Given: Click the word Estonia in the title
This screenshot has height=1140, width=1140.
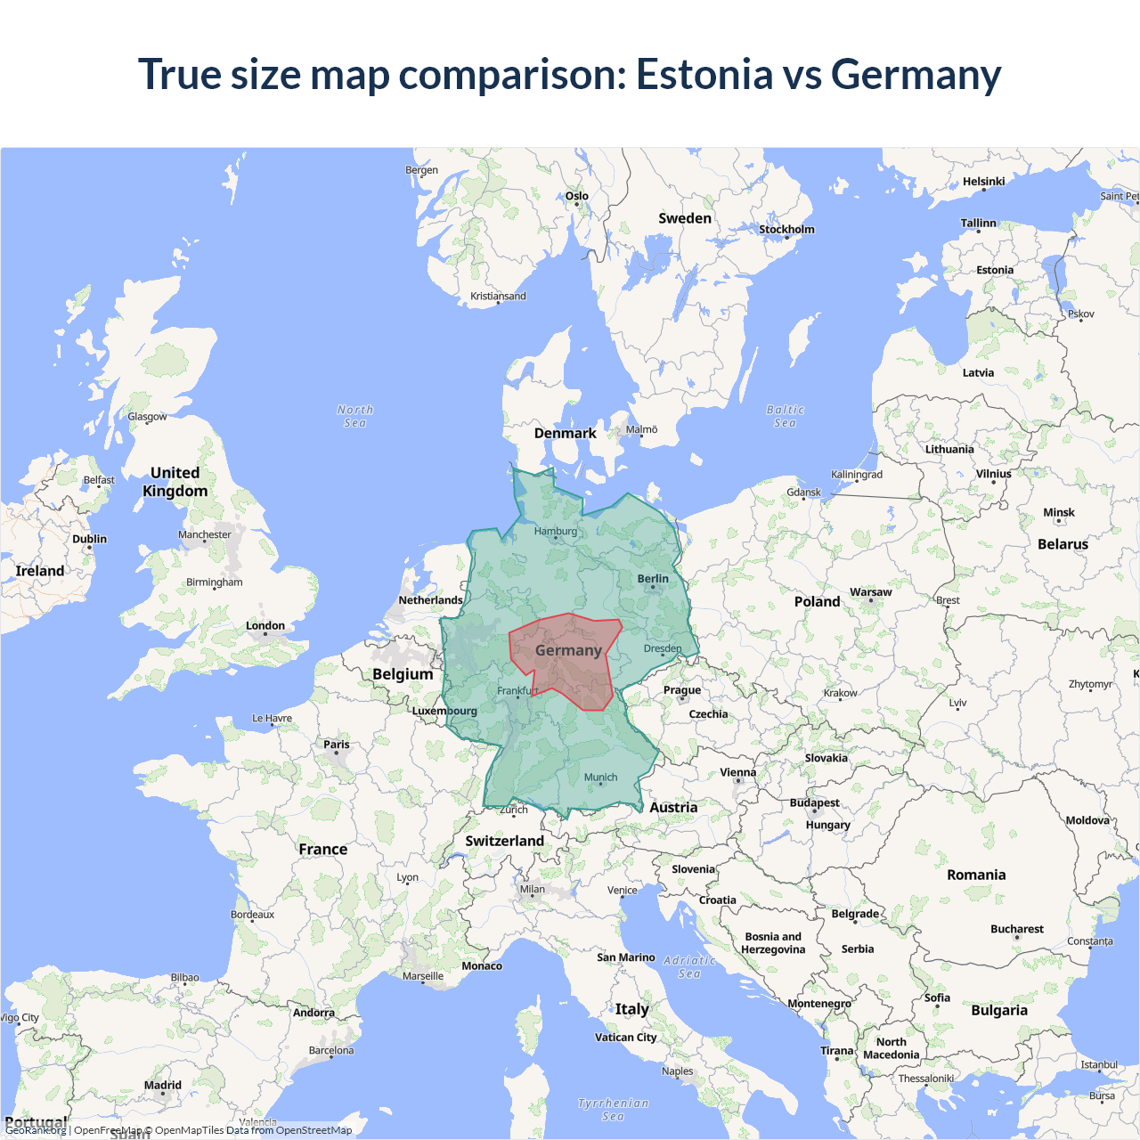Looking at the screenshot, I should [704, 74].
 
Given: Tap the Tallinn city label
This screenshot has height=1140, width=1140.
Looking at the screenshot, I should [978, 224].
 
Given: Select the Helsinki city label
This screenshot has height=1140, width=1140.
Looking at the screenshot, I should [983, 182].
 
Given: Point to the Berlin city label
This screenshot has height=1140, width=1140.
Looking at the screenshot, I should [653, 579].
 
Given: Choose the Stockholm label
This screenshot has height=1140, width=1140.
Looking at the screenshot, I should [786, 230].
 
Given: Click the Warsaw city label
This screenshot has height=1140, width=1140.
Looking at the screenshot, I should [870, 592].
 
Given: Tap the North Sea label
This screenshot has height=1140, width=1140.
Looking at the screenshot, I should [355, 416].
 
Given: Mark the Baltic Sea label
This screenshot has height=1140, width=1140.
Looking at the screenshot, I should [785, 416].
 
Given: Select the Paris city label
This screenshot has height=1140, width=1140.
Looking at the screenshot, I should [337, 745].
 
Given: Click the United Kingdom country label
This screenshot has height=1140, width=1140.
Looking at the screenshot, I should [175, 482].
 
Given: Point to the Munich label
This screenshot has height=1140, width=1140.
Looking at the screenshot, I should [600, 778].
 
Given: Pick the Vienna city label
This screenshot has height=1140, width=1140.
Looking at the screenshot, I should [737, 772].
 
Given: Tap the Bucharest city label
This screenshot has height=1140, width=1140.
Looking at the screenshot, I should [1016, 929].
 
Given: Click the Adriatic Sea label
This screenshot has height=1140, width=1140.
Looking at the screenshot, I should [689, 966].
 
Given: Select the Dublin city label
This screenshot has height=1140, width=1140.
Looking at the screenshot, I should [89, 539].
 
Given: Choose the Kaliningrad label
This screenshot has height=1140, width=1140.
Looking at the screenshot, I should [857, 475].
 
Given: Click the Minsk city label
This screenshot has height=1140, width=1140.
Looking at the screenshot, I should [1059, 513].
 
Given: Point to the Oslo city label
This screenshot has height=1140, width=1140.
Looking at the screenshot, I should [576, 196].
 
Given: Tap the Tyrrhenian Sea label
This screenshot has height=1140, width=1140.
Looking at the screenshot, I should [613, 1109].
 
